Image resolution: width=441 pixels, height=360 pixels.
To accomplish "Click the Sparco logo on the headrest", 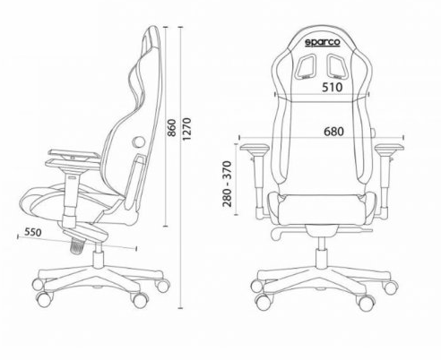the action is [323, 42].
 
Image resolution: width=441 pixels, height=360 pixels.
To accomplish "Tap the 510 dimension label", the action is [332, 87].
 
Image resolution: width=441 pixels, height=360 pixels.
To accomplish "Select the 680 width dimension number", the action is [333, 132].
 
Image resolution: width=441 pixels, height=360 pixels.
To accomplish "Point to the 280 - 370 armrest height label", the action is [227, 184].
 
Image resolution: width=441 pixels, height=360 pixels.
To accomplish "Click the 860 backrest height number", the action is [171, 128].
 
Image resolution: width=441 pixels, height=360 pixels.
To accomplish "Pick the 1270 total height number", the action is [186, 129].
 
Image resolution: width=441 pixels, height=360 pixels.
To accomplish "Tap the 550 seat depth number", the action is [33, 232].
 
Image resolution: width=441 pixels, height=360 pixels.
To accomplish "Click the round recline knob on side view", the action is [138, 141].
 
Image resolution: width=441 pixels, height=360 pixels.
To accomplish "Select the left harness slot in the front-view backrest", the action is [307, 66].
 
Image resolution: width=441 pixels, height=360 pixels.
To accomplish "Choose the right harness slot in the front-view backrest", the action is [339, 66].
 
